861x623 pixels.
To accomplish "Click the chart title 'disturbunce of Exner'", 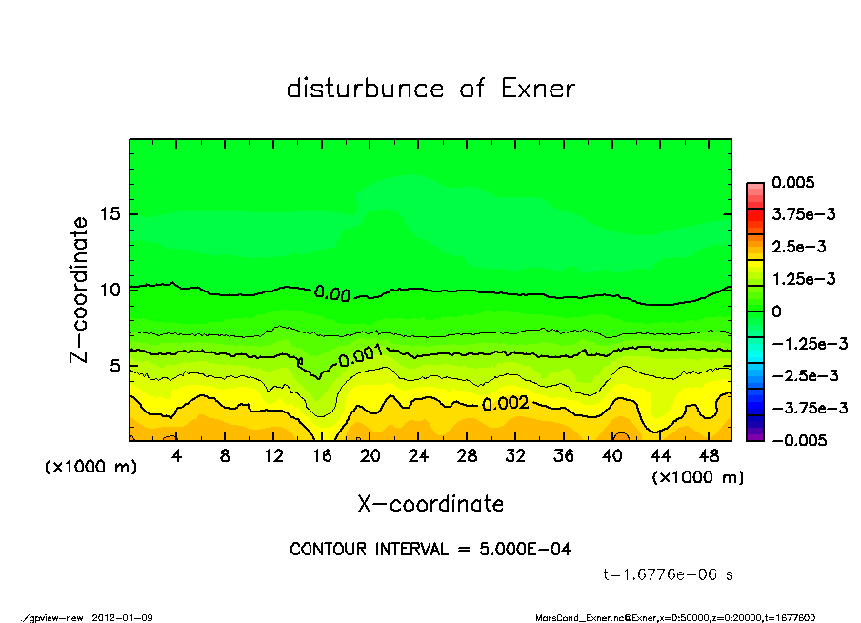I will click(x=430, y=89).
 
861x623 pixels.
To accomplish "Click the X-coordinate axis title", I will click(x=430, y=504).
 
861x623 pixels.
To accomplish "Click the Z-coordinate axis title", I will click(x=80, y=289).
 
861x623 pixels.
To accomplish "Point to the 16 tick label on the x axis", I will click(x=322, y=457).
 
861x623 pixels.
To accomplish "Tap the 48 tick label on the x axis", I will click(x=708, y=457).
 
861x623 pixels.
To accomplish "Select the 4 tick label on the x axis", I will click(x=177, y=457).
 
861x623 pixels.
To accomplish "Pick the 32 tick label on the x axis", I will click(x=515, y=457).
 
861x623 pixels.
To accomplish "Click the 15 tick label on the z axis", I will click(x=110, y=214).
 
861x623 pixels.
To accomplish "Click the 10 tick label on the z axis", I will click(x=110, y=290).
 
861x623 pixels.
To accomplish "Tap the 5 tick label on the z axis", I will click(x=115, y=366).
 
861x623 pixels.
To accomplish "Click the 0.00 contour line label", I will click(x=332, y=294).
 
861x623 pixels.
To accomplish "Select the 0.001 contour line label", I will click(x=361, y=356).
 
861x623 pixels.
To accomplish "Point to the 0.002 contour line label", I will click(x=505, y=404).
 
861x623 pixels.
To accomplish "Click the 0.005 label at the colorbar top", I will click(x=798, y=183).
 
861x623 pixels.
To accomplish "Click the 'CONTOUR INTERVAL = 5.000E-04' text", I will click(x=430, y=550).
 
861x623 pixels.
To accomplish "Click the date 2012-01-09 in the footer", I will click(x=123, y=618).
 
